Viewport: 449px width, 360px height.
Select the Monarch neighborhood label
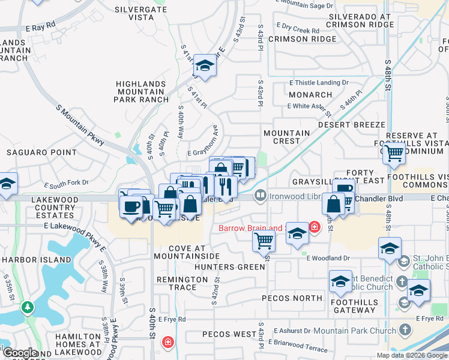click(310, 95)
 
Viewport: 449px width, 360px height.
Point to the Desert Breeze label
click(351, 124)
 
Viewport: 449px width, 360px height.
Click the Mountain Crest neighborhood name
click(287, 137)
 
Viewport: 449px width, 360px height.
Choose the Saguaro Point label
click(35, 152)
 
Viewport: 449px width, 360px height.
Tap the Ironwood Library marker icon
click(260, 194)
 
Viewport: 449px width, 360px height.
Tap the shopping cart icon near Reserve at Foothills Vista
click(394, 154)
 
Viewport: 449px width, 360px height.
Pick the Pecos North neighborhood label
click(300, 298)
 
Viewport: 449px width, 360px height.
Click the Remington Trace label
click(182, 284)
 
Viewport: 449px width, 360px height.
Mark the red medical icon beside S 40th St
click(169, 343)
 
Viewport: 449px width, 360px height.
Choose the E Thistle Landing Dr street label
click(319, 82)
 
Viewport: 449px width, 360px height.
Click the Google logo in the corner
click(19, 353)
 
